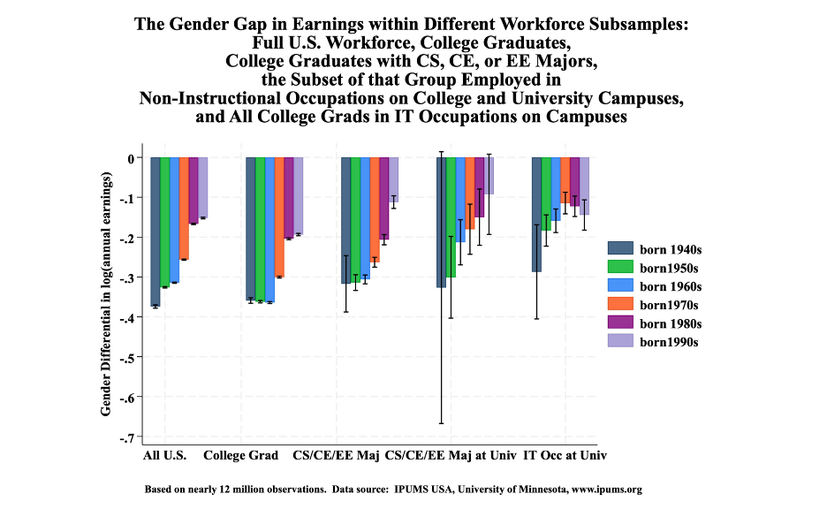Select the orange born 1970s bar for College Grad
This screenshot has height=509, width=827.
point(279,217)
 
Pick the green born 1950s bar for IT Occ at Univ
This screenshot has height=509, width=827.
point(546,194)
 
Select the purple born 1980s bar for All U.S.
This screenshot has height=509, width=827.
point(193,191)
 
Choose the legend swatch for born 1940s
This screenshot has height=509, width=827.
point(621,249)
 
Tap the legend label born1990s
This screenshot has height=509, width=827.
point(670,341)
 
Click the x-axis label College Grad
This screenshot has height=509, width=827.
point(241,457)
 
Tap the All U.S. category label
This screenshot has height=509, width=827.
point(164,457)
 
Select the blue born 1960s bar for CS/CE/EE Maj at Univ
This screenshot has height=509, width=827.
point(460,200)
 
